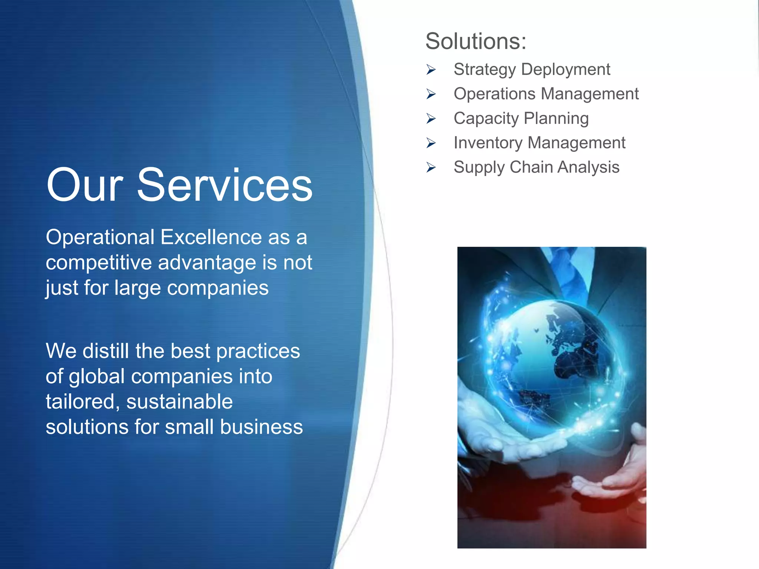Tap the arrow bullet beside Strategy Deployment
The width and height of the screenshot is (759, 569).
(x=431, y=69)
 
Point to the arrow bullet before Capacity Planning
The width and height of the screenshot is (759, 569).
(x=431, y=119)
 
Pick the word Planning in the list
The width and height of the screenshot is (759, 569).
(x=556, y=119)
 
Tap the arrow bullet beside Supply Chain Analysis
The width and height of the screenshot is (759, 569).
(x=431, y=167)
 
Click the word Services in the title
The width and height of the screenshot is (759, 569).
(x=225, y=185)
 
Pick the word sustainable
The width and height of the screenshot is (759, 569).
(x=179, y=402)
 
